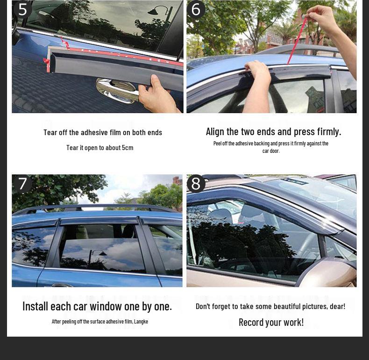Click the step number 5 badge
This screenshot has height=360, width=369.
pos(22,9)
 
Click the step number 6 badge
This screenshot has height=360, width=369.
pos(196,9)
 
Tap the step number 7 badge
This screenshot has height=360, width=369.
pos(22,184)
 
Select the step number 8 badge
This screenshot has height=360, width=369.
pos(196,184)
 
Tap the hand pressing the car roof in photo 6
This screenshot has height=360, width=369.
pos(256,70)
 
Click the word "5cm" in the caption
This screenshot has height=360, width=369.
pos(128,148)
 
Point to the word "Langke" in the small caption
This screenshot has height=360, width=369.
pos(141,322)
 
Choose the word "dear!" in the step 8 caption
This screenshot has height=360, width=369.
pos(337,306)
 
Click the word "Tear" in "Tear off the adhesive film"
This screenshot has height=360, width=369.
pos(50,132)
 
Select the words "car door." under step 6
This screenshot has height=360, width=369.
pos(271,151)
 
